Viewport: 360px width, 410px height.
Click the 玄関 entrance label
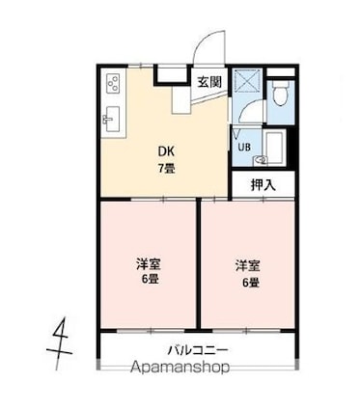[x=209, y=82]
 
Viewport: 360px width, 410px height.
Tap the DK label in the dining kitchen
[x=166, y=151]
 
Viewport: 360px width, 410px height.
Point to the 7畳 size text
[x=166, y=168]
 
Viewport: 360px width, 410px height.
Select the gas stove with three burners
[x=113, y=83]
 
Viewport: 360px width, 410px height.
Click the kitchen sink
[x=112, y=119]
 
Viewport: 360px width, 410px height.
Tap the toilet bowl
[x=281, y=93]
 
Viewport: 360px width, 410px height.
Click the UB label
[x=244, y=148]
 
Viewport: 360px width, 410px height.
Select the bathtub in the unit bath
[x=273, y=147]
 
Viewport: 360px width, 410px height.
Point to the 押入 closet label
[x=263, y=185]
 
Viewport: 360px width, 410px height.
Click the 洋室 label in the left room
[x=149, y=264]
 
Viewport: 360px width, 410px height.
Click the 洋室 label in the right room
[x=248, y=266]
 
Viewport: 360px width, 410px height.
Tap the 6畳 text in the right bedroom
[x=251, y=283]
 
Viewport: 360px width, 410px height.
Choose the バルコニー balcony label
[x=199, y=350]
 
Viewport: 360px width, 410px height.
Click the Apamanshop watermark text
[x=180, y=368]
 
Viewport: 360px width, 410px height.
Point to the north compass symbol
[x=60, y=343]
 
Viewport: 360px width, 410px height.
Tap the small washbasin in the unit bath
[x=261, y=160]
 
